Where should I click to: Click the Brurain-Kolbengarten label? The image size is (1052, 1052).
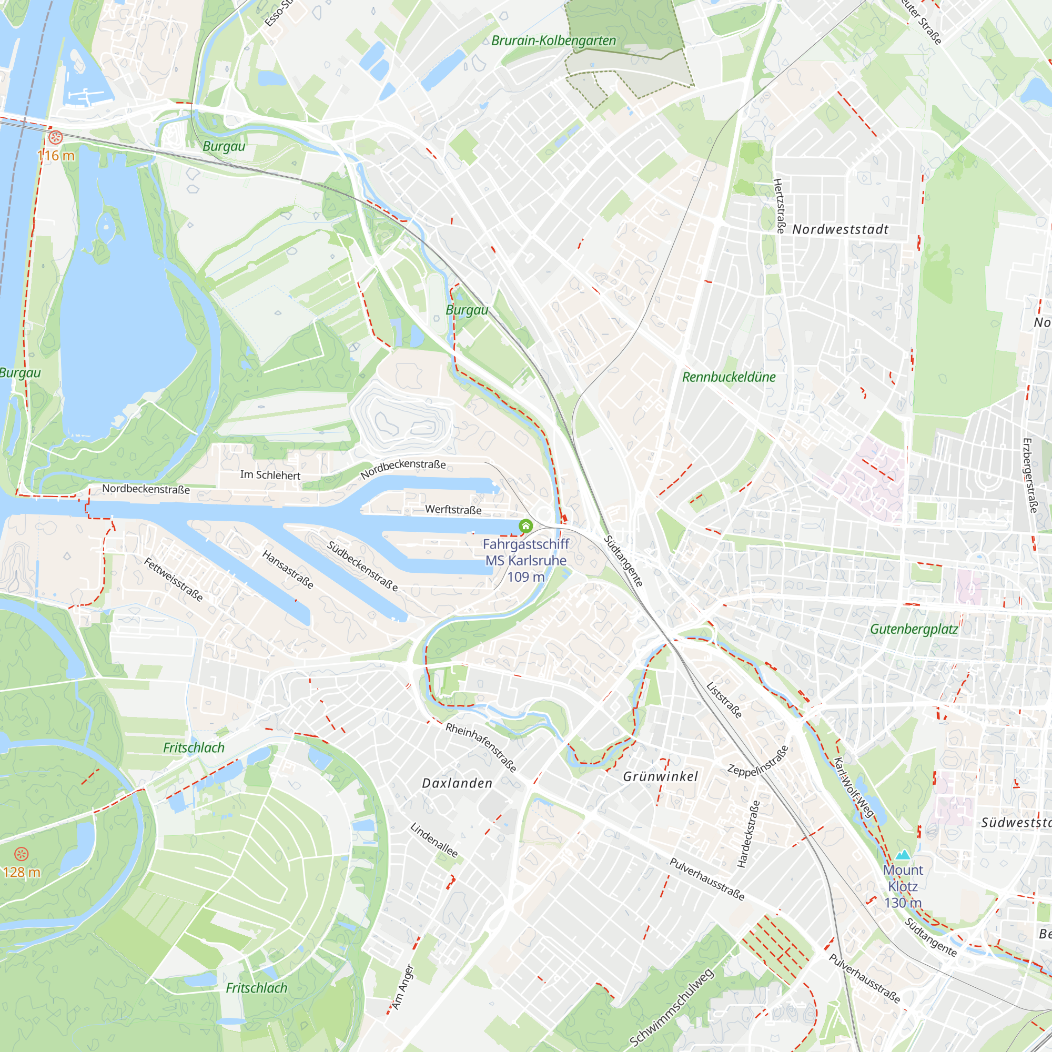point(553,41)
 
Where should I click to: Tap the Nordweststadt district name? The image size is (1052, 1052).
point(840,229)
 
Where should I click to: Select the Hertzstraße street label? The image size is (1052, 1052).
point(779,206)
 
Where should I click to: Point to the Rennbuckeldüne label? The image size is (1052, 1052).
point(729,377)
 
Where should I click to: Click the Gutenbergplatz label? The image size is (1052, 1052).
point(914,629)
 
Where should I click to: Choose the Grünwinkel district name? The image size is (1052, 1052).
point(660,776)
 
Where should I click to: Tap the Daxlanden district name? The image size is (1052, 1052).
point(458,783)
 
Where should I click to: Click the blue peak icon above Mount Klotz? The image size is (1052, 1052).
point(903,854)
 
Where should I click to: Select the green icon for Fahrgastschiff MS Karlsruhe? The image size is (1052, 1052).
point(525,525)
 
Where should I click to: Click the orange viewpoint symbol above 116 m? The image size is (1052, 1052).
point(56,137)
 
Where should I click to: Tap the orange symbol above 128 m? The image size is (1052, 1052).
point(21,854)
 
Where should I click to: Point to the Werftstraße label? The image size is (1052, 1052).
point(453,510)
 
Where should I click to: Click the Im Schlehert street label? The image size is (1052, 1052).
point(270,475)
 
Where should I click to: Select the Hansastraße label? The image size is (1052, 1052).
point(288,570)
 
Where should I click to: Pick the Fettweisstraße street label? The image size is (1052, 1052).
point(173,579)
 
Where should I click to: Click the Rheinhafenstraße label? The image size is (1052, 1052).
point(481,747)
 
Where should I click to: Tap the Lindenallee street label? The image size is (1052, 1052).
point(434,840)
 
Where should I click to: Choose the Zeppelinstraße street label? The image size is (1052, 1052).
point(757,761)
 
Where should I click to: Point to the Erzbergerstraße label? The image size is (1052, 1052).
point(1030,476)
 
